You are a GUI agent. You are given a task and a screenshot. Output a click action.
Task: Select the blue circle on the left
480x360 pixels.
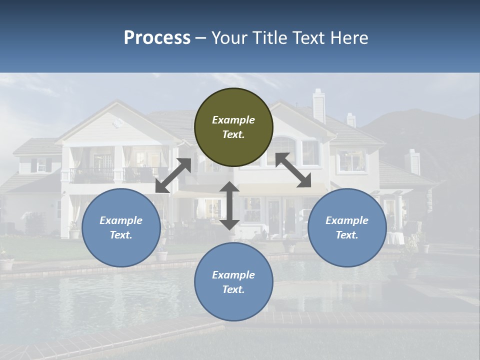coord(121,227)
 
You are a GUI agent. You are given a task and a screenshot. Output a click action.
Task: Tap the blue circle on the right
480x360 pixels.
coord(347,227)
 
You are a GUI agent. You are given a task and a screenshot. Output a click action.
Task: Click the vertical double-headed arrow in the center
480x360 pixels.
coord(229,205)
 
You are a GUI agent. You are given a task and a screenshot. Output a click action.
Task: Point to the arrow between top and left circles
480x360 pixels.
coord(173,175)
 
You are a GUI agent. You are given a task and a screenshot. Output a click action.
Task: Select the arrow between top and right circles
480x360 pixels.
coord(293,170)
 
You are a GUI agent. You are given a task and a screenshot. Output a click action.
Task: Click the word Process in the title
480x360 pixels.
coord(157,37)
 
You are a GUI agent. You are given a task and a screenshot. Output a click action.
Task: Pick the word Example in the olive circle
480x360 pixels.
coord(233,120)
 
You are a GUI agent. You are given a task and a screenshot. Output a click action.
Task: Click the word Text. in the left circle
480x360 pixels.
coord(121,235)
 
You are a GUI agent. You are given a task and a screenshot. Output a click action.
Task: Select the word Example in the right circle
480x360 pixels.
coord(347,220)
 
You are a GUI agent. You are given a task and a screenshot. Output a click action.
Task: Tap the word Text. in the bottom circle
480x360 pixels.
coord(233,289)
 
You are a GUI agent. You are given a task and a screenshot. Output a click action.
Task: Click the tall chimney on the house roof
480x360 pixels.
coord(318,106)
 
